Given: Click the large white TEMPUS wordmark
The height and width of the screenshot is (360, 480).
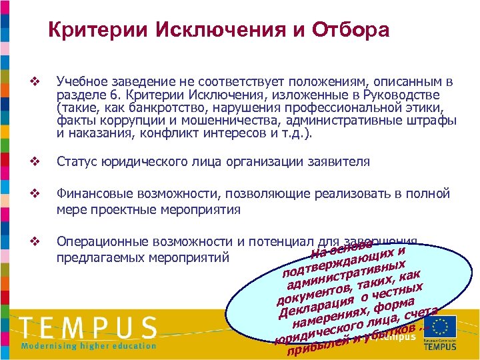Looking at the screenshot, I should (x=88, y=328).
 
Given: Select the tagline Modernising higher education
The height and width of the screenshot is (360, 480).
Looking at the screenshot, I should (x=89, y=346).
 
